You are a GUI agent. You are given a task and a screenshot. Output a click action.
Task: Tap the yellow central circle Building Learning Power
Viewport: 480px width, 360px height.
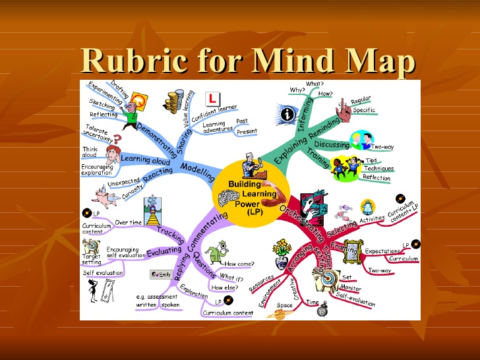pyautogui.click(x=245, y=195)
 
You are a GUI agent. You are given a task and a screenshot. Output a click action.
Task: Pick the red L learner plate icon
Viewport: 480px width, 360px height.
pyautogui.click(x=213, y=98)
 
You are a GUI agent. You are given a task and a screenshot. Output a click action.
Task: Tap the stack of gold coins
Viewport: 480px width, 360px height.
pyautogui.click(x=175, y=103)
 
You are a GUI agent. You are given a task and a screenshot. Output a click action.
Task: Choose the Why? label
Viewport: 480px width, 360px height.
pyautogui.click(x=297, y=90)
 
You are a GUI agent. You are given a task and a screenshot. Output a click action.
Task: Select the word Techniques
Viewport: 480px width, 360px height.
pyautogui.click(x=378, y=169)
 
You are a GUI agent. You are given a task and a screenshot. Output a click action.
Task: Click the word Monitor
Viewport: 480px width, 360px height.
pyautogui.click(x=351, y=288)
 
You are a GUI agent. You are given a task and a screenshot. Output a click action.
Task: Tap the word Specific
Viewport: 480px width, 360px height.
pyautogui.click(x=364, y=110)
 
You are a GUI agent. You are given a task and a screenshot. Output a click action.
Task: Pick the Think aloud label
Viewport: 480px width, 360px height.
pyautogui.click(x=90, y=152)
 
